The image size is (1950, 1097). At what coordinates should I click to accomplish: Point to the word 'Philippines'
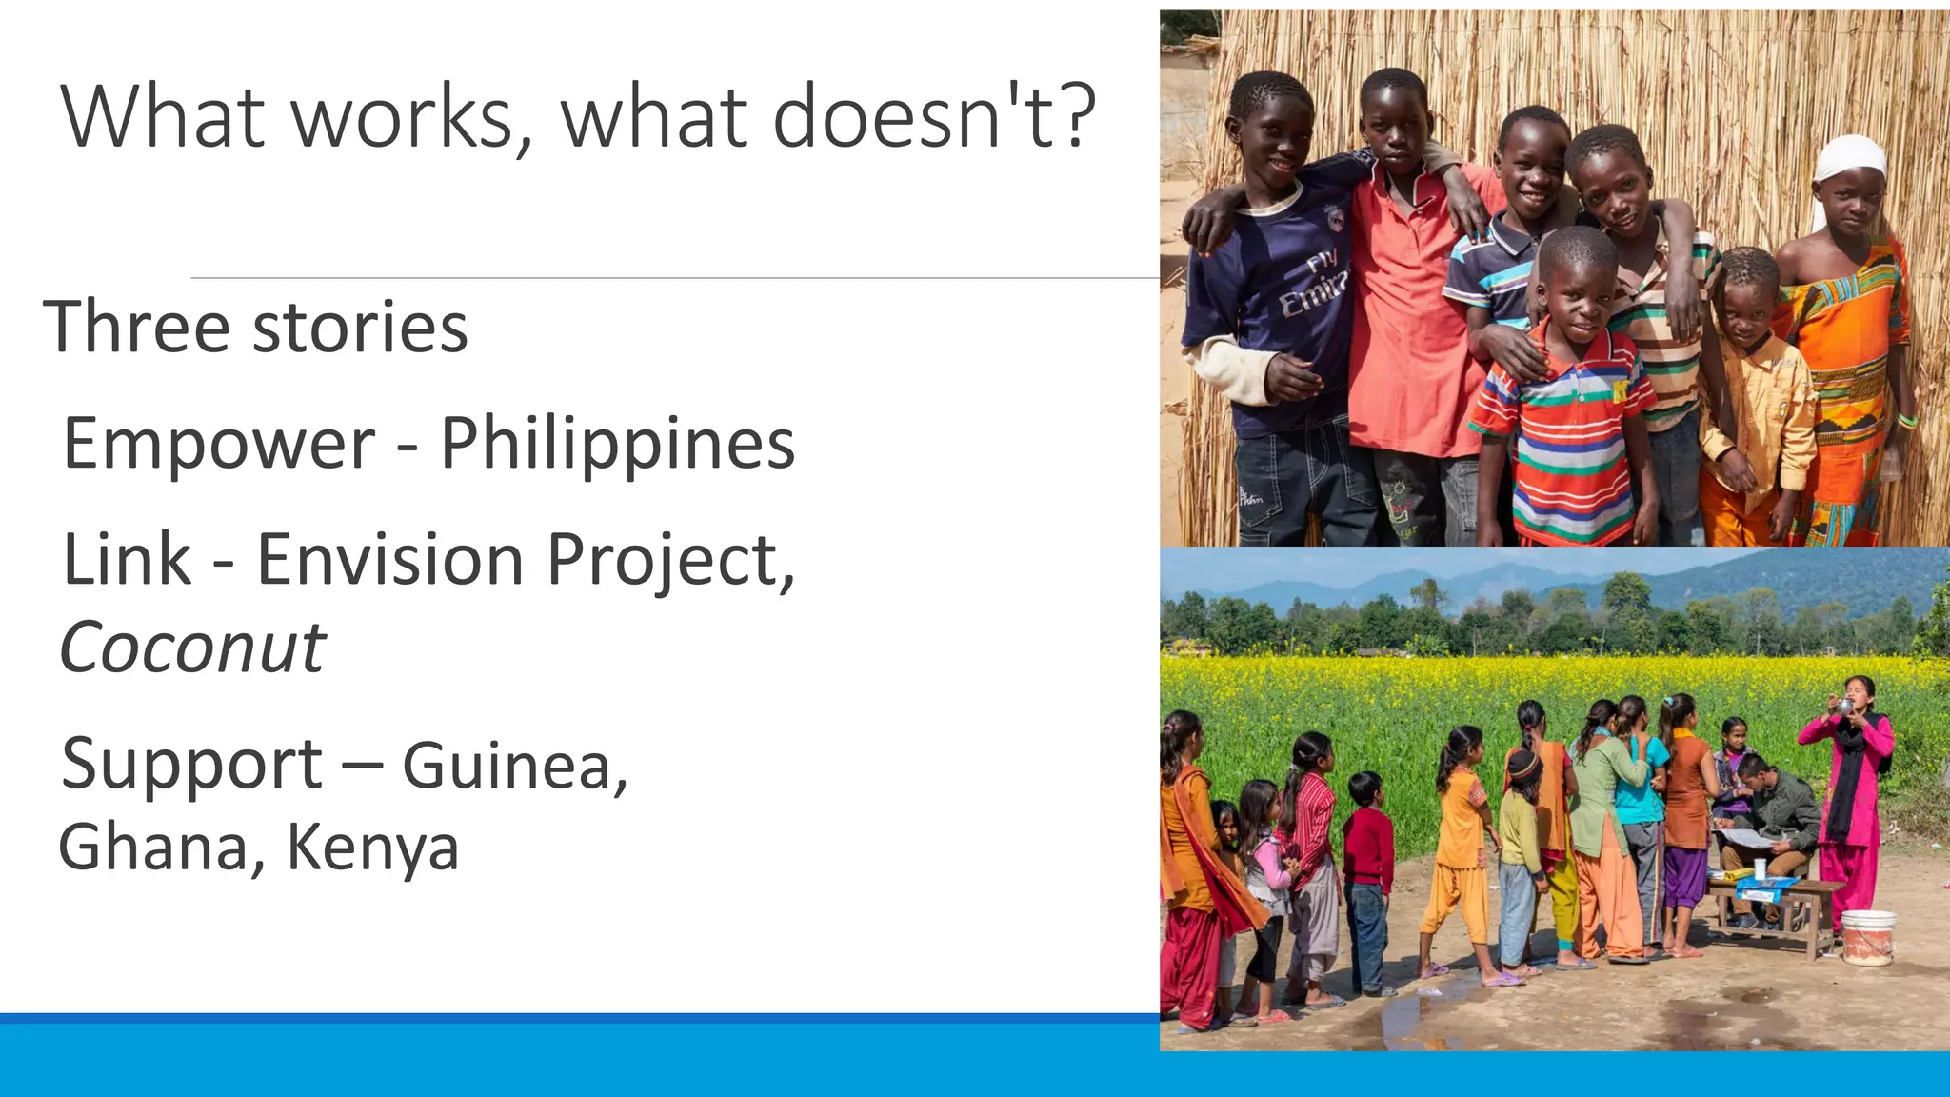[x=617, y=444]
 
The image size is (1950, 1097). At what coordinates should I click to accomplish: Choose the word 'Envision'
[x=390, y=560]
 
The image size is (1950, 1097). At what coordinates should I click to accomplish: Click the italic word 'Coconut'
[x=193, y=648]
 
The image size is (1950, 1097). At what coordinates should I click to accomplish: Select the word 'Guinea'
[x=512, y=766]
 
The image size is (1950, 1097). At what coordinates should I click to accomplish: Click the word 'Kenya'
[x=372, y=848]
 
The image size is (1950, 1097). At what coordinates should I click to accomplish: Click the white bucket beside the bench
[x=1867, y=937]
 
